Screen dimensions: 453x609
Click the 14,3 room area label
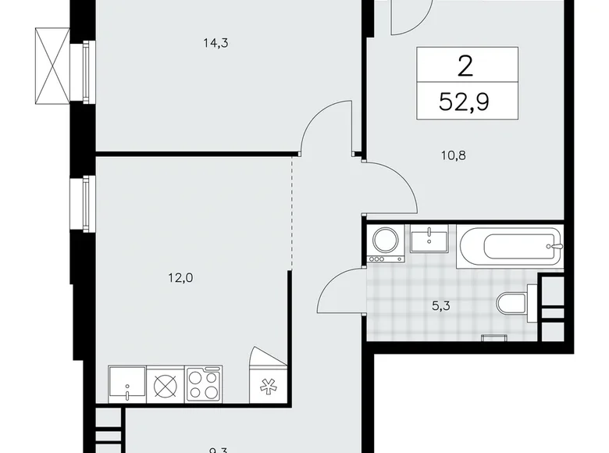(215, 44)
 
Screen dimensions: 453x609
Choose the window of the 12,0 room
(81, 203)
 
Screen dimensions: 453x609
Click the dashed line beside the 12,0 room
(293, 211)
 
